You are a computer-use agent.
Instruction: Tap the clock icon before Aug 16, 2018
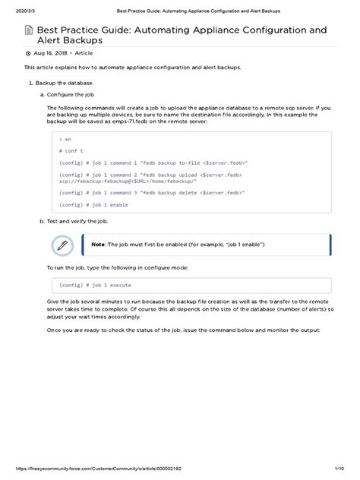(29, 53)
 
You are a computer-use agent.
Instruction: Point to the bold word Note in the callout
(98, 245)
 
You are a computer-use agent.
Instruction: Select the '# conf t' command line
(70, 151)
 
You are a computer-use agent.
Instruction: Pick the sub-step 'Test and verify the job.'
(77, 221)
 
